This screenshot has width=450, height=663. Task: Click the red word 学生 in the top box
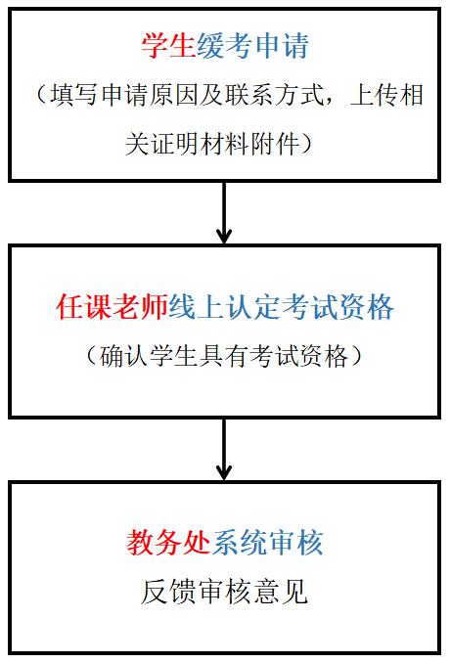168,46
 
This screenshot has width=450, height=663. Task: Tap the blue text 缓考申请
253,46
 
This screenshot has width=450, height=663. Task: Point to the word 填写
73,95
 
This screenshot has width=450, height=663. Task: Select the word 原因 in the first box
175,95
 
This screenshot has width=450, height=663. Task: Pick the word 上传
375,95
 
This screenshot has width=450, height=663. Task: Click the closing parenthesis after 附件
306,144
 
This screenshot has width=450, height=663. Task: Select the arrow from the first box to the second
224,213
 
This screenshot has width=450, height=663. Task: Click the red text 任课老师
112,307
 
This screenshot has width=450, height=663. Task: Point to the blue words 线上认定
225,307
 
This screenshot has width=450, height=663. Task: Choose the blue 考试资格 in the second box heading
337,307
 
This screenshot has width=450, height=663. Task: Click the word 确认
124,356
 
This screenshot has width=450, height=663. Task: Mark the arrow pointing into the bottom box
224,450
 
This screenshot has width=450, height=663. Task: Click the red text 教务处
168,543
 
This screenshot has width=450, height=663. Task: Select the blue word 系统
239,543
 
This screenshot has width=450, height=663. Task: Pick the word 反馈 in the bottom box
168,592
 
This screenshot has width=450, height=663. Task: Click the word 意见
281,592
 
